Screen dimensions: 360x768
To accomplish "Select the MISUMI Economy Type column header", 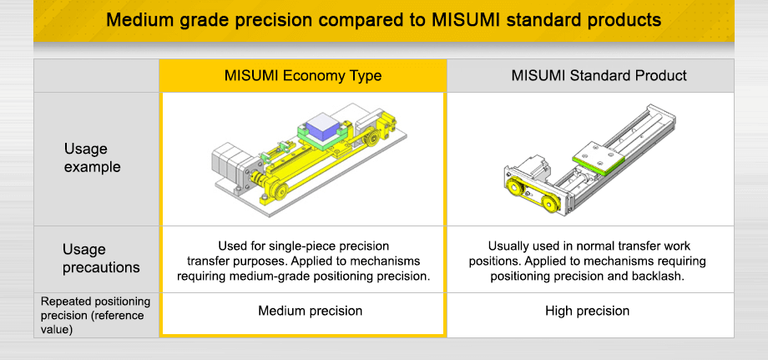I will [302, 75].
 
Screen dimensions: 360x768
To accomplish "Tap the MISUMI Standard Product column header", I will [599, 75].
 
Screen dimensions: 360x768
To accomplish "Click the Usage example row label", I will [92, 158].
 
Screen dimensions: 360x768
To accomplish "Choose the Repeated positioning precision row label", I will [95, 314].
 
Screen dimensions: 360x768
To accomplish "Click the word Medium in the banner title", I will [139, 20].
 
